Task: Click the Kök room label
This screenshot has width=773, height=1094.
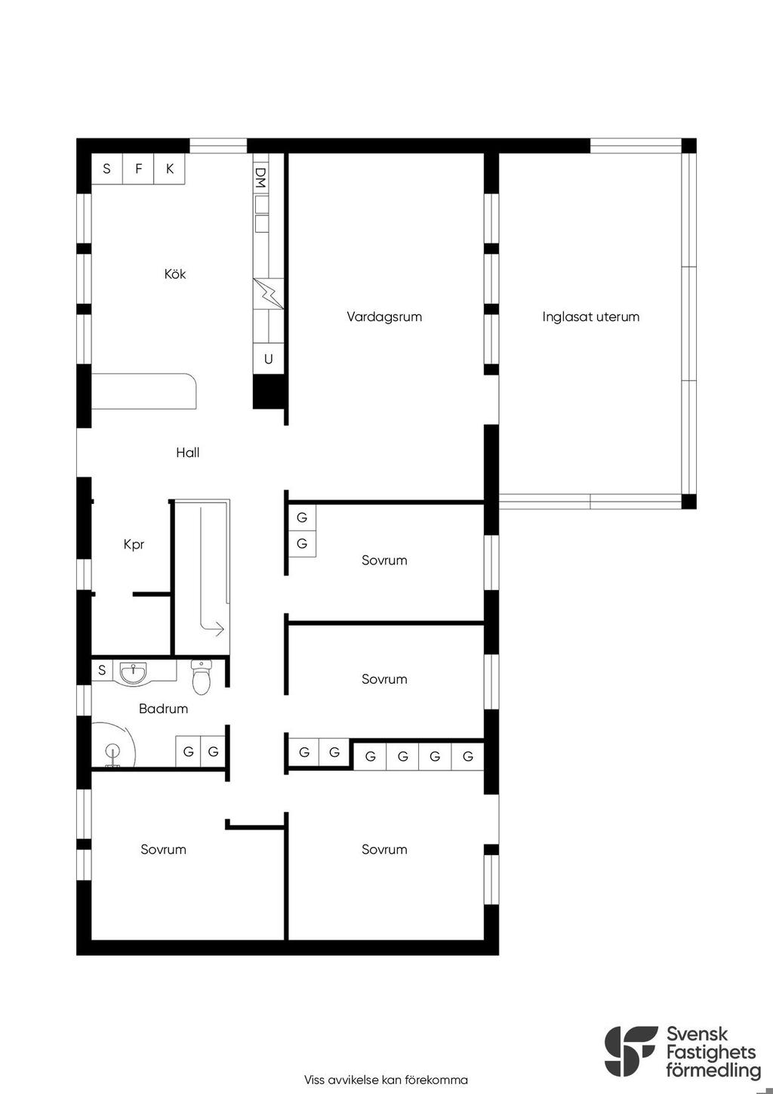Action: [x=174, y=274]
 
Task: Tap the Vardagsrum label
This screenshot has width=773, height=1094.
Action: [x=384, y=317]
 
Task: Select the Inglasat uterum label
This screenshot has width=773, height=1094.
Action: [x=590, y=317]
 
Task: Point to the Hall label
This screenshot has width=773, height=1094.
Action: [x=187, y=453]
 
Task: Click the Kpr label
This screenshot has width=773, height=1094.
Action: [x=134, y=544]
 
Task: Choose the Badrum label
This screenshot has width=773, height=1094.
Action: [x=163, y=708]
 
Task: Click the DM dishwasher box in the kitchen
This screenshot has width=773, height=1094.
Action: [x=260, y=178]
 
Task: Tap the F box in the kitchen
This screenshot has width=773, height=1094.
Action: [x=138, y=168]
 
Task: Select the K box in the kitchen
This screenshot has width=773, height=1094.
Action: [x=169, y=168]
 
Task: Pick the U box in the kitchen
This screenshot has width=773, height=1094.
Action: [x=268, y=359]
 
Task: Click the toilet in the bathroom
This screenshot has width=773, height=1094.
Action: [x=201, y=677]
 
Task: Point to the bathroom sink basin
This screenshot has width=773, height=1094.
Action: [x=133, y=673]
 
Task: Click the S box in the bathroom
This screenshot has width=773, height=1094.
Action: [x=102, y=669]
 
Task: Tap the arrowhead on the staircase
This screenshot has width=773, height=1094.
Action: [x=219, y=629]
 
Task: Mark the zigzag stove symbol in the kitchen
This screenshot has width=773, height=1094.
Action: [x=268, y=294]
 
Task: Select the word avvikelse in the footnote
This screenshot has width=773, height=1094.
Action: [x=355, y=1080]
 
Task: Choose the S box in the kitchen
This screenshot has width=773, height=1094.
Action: [x=107, y=168]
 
